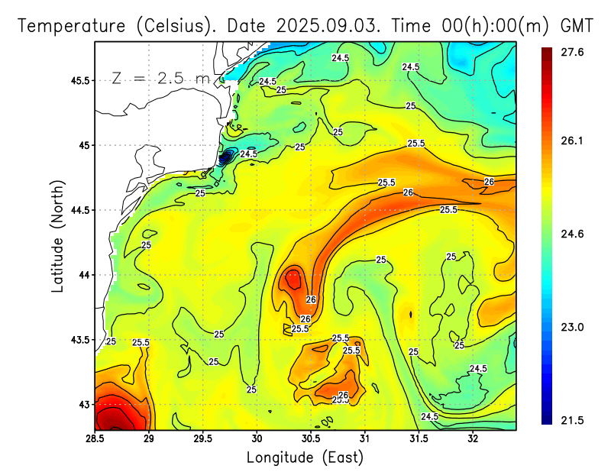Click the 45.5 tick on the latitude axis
click(79, 80)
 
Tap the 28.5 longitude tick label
click(95, 438)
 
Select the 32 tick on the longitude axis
click(473, 438)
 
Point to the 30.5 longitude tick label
click(311, 438)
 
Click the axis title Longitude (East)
click(304, 457)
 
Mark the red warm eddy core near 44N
click(292, 280)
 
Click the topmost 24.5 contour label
click(340, 58)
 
